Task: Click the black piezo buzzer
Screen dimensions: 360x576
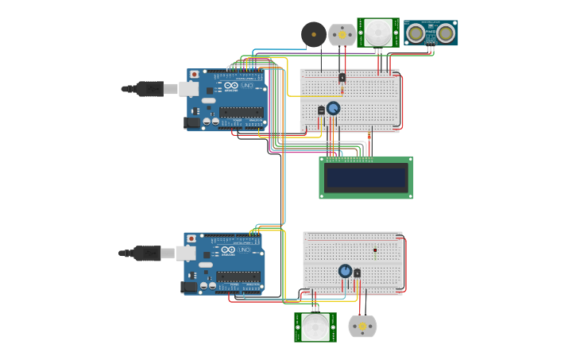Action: (x=313, y=34)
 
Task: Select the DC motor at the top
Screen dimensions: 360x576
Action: (x=342, y=34)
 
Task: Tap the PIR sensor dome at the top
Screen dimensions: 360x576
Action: (x=378, y=33)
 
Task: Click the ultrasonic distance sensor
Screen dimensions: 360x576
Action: (x=431, y=33)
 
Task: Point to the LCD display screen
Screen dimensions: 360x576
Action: (x=366, y=177)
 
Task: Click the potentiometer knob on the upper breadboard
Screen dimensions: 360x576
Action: (x=333, y=108)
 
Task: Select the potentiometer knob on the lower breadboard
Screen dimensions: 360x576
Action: (x=345, y=271)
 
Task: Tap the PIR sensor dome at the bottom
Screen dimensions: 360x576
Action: (x=315, y=327)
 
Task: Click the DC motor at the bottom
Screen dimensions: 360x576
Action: (x=362, y=326)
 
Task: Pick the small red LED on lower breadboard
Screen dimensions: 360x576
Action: (x=374, y=250)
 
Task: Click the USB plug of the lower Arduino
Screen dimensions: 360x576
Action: (x=148, y=253)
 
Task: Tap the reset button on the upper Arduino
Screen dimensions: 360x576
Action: (x=194, y=75)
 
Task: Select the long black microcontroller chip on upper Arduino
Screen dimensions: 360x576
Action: (x=242, y=112)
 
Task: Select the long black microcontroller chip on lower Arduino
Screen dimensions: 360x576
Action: (x=238, y=276)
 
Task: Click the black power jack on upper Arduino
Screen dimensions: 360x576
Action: (x=191, y=122)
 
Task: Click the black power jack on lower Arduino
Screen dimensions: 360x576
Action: (x=188, y=286)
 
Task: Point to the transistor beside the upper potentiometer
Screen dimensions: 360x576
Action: (x=322, y=110)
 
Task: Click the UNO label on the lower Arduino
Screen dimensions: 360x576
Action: (x=242, y=250)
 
